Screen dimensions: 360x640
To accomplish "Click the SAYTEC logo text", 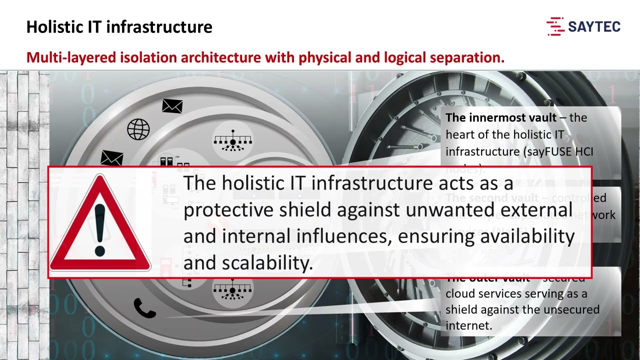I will tap(594, 27).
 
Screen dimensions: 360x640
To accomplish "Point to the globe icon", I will tap(138, 129).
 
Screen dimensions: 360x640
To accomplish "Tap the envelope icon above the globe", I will tap(172, 105).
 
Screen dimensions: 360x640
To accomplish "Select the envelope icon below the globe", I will tap(111, 158).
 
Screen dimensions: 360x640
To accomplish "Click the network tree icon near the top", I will tap(232, 140).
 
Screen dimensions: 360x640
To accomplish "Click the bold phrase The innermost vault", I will tap(501, 118).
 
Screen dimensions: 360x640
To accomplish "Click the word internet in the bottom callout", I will tap(467, 325).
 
